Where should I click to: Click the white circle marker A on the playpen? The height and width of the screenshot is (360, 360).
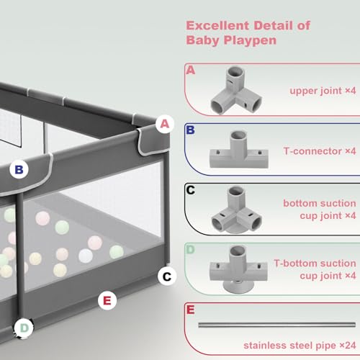tap(165, 124)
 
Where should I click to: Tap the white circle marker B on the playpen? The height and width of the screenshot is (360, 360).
tap(19, 169)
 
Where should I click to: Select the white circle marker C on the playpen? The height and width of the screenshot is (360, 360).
tap(167, 276)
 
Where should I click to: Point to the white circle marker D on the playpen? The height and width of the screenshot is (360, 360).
tap(24, 328)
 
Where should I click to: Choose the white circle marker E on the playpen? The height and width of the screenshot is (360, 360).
tap(107, 300)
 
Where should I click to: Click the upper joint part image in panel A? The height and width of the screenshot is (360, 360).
tap(236, 90)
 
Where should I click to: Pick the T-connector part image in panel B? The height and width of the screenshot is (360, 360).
tap(239, 149)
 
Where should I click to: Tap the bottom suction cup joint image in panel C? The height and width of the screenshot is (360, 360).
tap(236, 210)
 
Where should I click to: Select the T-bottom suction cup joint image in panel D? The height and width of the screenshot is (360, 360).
tap(238, 269)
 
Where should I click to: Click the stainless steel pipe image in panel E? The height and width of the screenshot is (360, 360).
tap(276, 325)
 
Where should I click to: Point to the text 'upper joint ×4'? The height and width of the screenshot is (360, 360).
tap(323, 91)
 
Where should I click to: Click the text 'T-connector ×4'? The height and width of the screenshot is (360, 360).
tap(320, 151)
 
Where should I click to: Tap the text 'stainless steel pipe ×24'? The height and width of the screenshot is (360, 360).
tap(300, 346)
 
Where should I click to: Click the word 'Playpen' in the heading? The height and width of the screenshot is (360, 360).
tap(250, 40)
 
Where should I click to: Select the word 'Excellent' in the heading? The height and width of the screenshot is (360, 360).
tap(217, 25)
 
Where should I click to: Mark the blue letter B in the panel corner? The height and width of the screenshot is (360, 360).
tap(190, 130)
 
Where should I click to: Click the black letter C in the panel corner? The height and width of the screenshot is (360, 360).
tap(191, 190)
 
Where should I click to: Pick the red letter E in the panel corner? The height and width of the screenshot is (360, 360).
tap(190, 310)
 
